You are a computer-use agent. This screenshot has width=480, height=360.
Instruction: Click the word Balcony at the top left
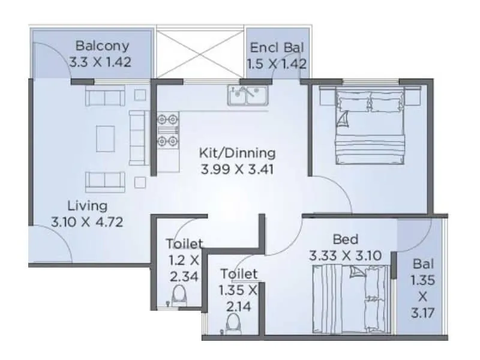[x=100, y=46]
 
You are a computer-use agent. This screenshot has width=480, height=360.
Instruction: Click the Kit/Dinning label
[x=237, y=152]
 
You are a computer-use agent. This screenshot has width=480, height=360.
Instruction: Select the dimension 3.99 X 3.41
[x=237, y=169]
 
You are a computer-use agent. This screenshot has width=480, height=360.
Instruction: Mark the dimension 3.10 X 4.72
[x=87, y=222]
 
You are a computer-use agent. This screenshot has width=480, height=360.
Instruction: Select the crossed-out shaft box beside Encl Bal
[x=200, y=52]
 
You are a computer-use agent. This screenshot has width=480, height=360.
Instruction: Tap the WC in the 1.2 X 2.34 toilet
[x=178, y=296]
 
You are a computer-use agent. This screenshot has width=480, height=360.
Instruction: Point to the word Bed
[x=344, y=239]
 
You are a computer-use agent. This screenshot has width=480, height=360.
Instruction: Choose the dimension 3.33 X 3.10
[x=345, y=255]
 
